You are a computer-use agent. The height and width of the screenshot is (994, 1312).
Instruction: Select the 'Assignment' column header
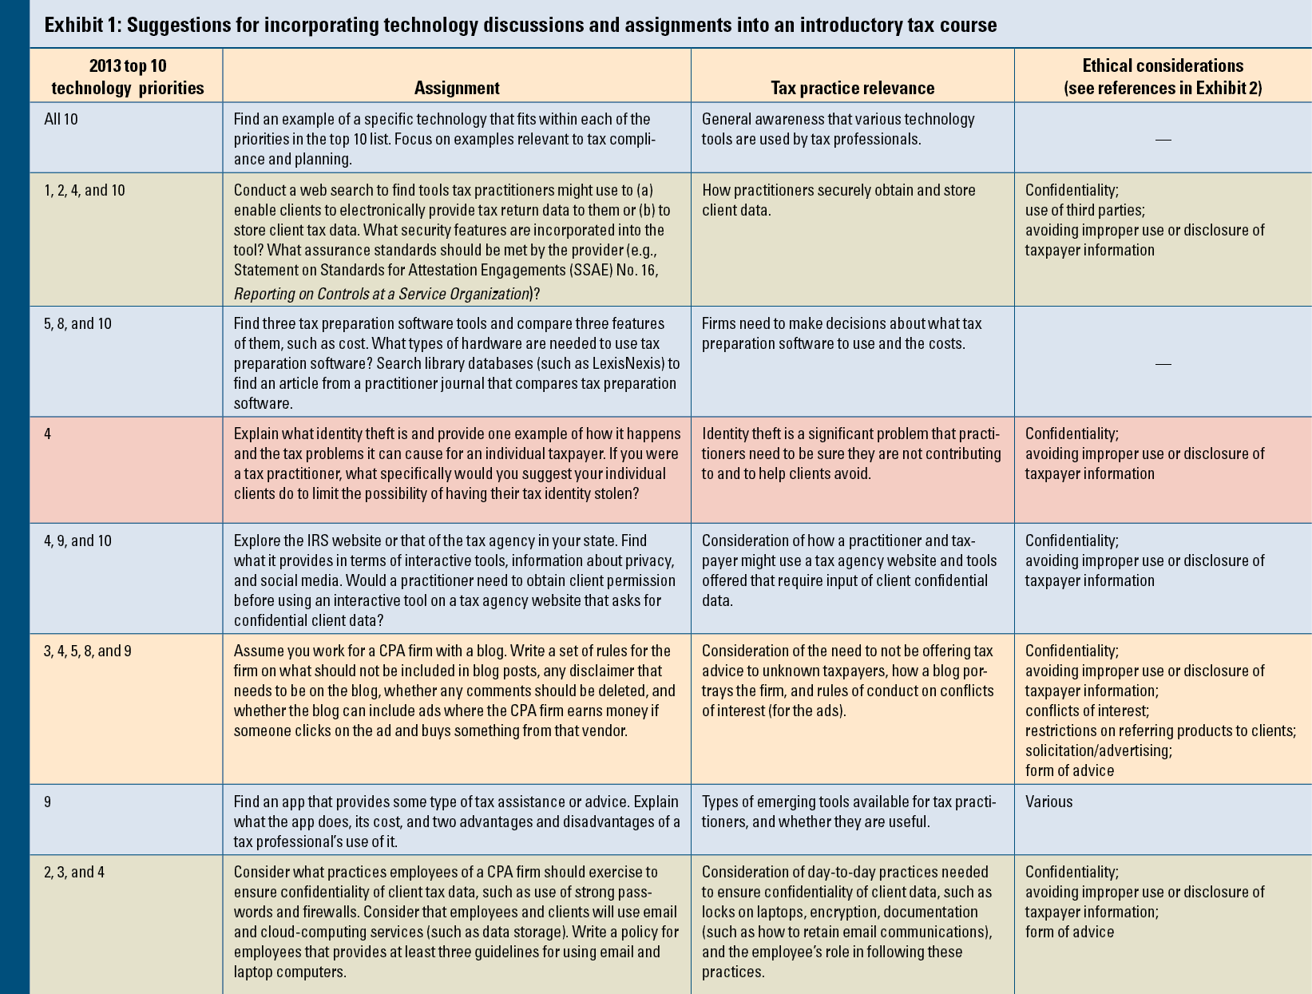pyautogui.click(x=457, y=88)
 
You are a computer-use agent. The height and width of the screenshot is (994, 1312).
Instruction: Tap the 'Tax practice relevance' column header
pyautogui.click(x=852, y=88)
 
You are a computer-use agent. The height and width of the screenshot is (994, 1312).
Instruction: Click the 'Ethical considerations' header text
pyautogui.click(x=1163, y=65)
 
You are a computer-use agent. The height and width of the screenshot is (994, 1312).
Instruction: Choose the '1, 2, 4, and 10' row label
pyautogui.click(x=84, y=190)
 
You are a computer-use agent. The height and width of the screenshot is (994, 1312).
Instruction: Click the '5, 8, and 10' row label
pyautogui.click(x=77, y=323)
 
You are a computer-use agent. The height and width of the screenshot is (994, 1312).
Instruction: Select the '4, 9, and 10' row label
pyautogui.click(x=77, y=541)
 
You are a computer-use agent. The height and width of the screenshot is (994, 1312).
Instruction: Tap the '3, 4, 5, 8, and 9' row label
pyautogui.click(x=88, y=651)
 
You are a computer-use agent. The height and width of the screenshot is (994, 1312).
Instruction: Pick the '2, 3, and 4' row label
pyautogui.click(x=73, y=872)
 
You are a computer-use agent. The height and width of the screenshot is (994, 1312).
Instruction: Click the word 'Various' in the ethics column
pyautogui.click(x=1048, y=802)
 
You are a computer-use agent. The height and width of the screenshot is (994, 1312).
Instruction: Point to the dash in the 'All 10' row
pyautogui.click(x=1163, y=140)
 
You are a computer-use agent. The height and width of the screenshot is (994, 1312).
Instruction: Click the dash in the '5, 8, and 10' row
pyautogui.click(x=1163, y=364)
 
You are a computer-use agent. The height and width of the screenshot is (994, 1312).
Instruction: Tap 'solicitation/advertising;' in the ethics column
pyautogui.click(x=1098, y=750)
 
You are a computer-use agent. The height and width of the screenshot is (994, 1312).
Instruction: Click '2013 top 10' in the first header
pyautogui.click(x=128, y=65)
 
